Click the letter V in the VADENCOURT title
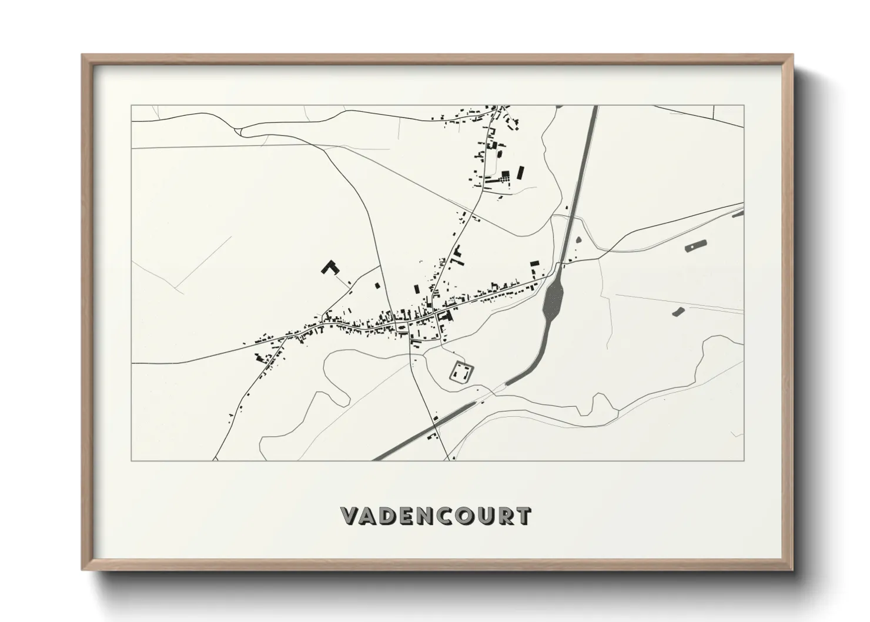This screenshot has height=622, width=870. [350, 516]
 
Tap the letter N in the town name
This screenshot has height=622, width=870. [417, 516]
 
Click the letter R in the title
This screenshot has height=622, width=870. [503, 516]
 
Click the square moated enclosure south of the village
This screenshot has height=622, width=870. [461, 372]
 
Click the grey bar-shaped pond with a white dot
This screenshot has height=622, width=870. [695, 246]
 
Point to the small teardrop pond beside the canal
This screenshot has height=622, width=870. [578, 240]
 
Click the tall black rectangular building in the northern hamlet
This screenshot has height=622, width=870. [520, 173]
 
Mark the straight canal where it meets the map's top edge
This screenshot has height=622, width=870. [595, 108]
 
